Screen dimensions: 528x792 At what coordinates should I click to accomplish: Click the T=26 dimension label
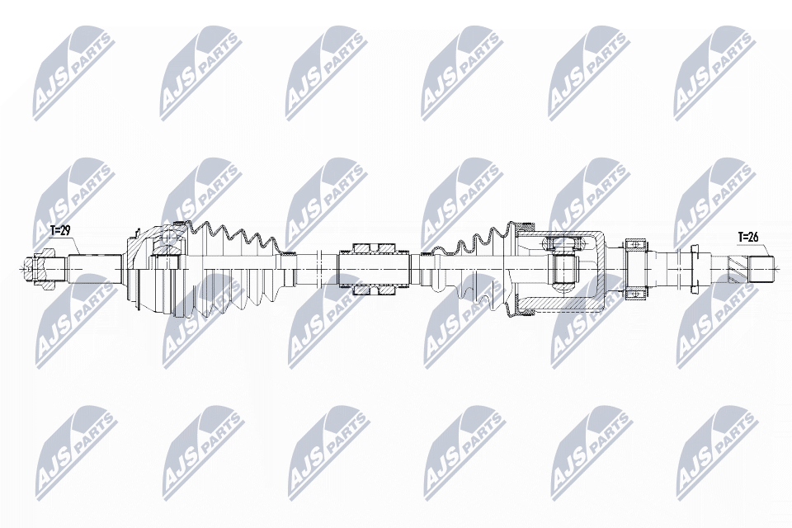(747, 238)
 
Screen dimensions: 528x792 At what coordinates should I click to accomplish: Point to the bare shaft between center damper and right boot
(417, 266)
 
